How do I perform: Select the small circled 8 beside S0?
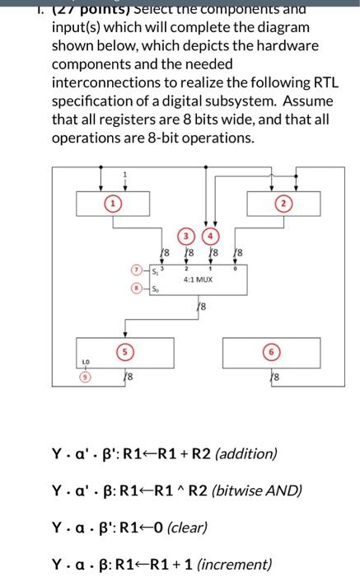[137, 288]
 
